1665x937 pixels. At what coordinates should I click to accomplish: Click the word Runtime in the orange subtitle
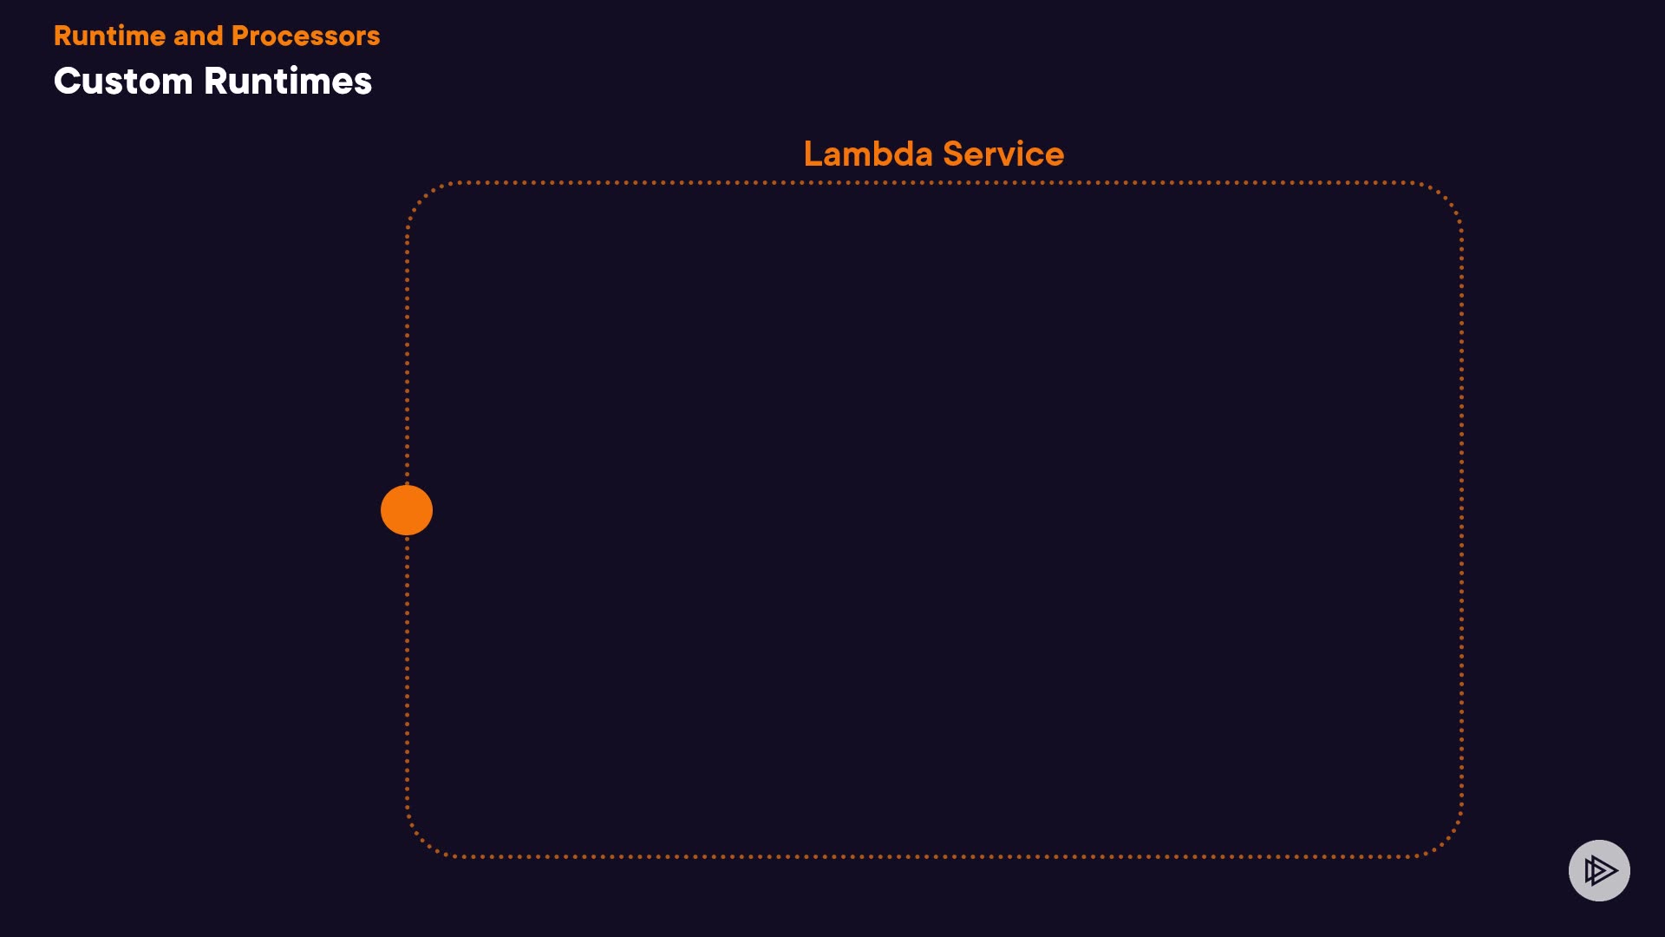coord(109,36)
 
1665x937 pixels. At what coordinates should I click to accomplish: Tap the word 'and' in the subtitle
coord(198,36)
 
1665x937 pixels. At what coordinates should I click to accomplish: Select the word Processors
coord(305,36)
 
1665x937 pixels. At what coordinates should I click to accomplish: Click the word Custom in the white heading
coord(123,82)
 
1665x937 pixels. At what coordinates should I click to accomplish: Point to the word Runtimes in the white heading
coord(288,82)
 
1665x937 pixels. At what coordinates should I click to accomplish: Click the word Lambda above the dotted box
coord(868,154)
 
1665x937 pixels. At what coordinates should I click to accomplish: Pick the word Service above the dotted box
coord(1003,154)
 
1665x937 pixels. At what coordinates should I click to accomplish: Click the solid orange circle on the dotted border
coord(407,510)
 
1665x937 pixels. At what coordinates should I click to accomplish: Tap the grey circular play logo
coord(1599,870)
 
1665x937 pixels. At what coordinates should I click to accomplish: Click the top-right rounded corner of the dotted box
coord(1446,197)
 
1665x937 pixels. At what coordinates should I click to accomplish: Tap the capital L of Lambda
coord(812,154)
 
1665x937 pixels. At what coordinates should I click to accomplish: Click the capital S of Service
coord(954,154)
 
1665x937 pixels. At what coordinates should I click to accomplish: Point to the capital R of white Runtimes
coord(217,82)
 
